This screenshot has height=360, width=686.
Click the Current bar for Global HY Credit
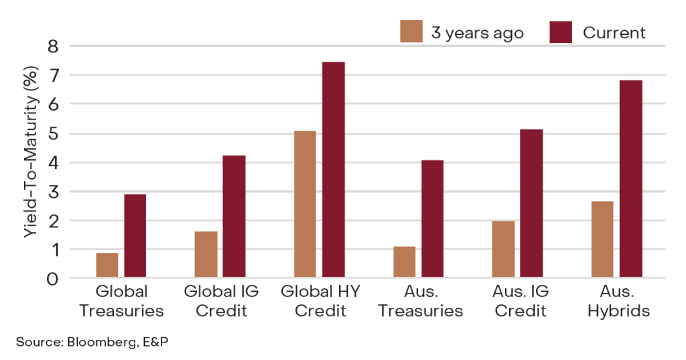pos(333,170)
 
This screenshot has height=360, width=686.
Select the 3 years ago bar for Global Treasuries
pos(107,265)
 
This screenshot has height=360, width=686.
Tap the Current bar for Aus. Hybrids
pos(630,179)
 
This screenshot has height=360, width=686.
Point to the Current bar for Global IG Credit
pos(234,217)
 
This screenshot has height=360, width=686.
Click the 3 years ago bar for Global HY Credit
pos(305,204)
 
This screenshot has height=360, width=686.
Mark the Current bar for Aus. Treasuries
pos(432,219)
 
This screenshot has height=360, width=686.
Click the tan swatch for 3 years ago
pos(411,32)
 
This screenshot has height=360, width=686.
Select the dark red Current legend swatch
pos(561,32)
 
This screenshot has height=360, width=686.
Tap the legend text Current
pos(614,32)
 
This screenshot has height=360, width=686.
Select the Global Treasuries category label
pos(121,301)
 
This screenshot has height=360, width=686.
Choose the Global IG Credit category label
pos(220,301)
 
